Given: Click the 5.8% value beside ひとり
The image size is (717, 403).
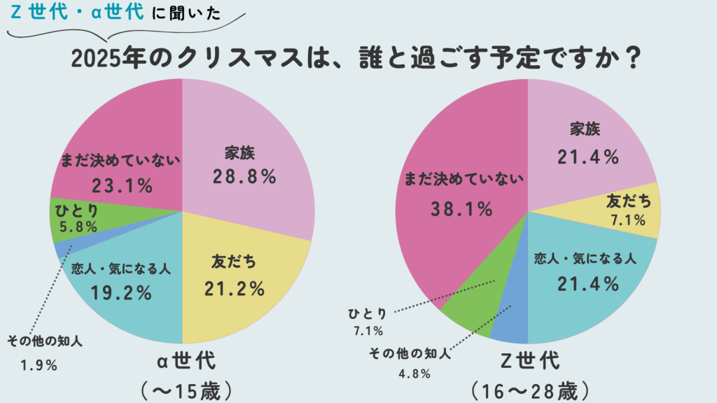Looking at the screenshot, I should pyautogui.click(x=78, y=227).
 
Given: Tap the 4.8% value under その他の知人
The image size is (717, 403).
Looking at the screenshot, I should pyautogui.click(x=415, y=373).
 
